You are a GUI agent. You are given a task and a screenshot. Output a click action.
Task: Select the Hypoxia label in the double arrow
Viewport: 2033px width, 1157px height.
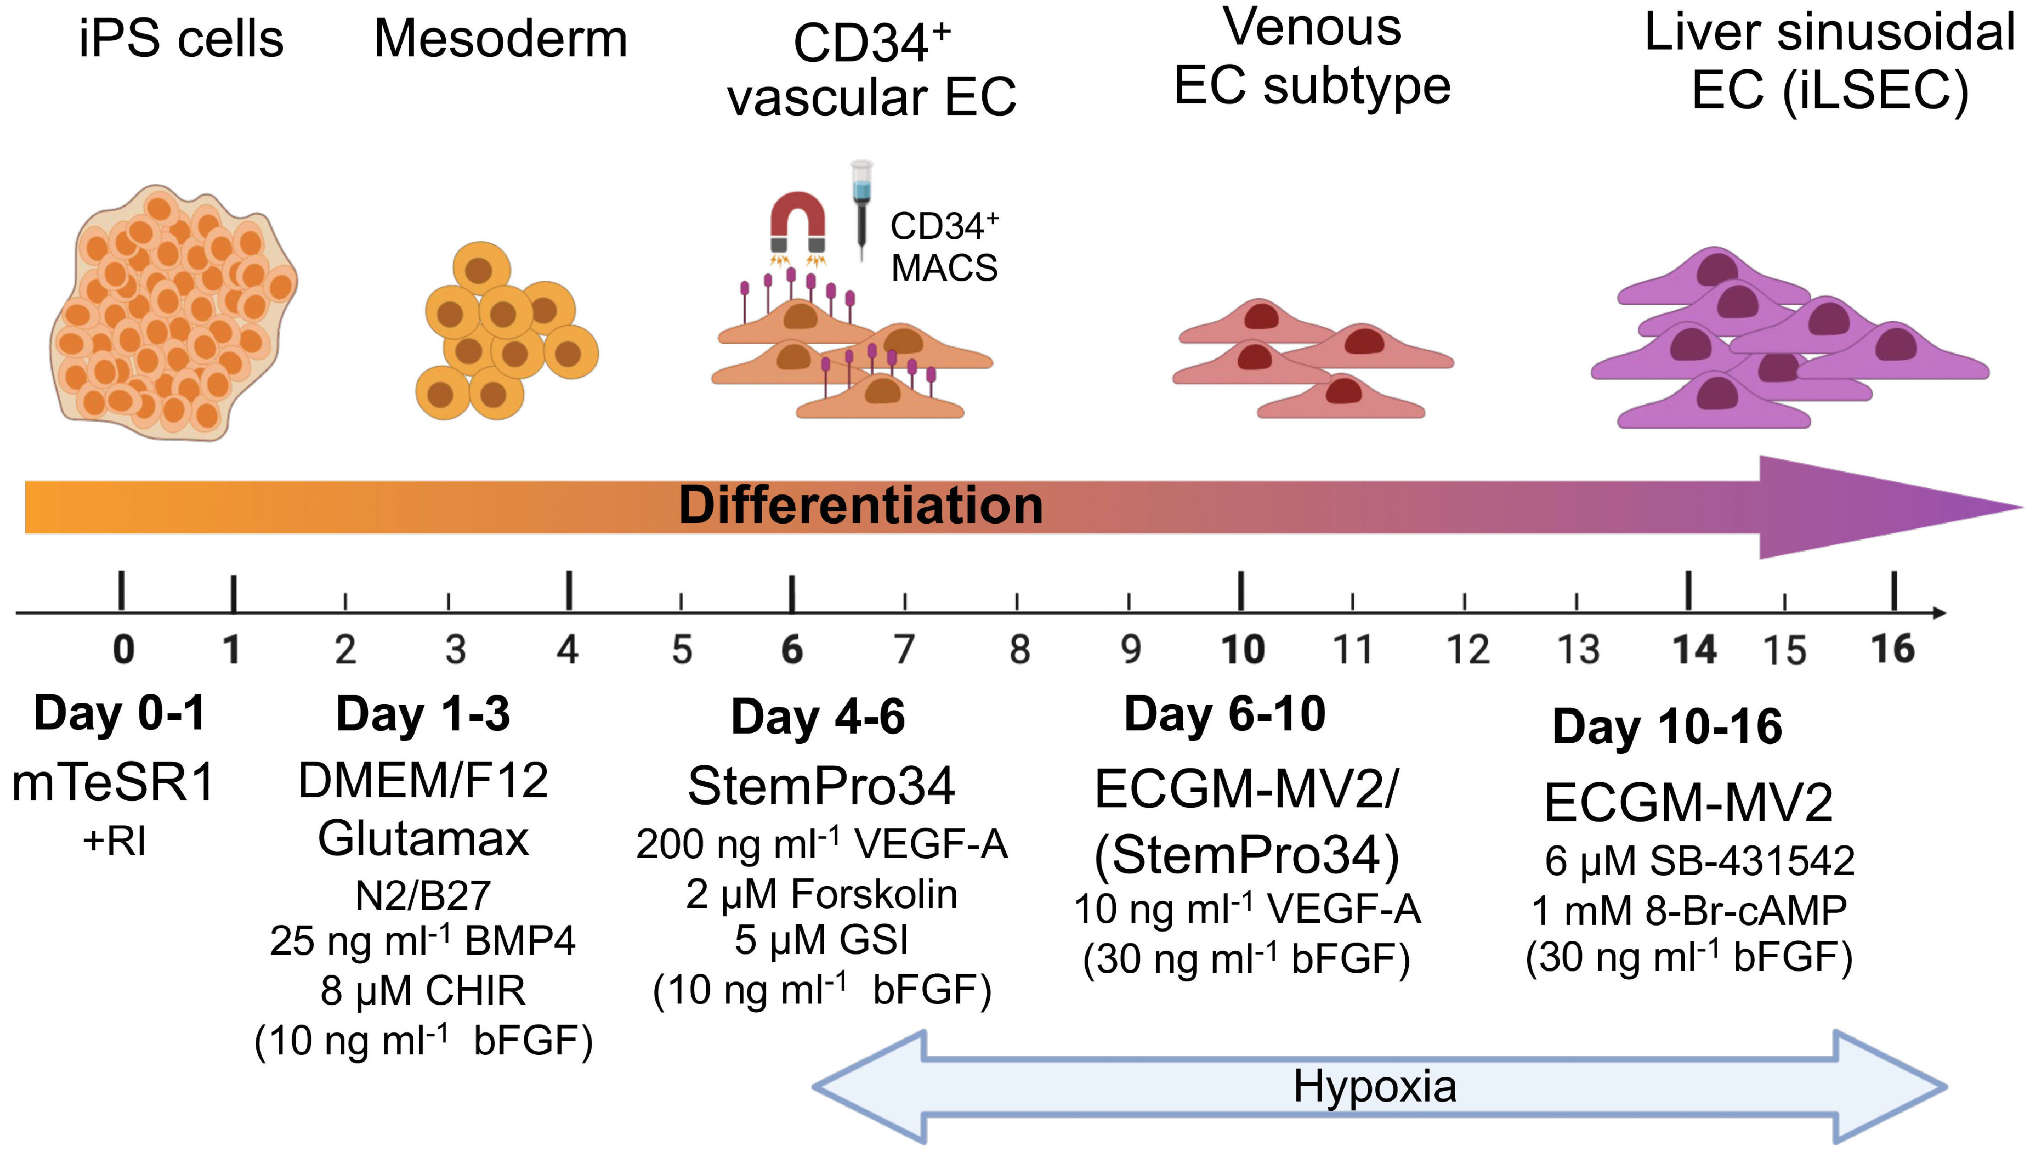pos(1375,1086)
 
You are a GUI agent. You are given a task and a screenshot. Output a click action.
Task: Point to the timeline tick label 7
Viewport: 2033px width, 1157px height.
pos(904,650)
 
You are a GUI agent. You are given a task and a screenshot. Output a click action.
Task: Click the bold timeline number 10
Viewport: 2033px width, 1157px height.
pos(1242,650)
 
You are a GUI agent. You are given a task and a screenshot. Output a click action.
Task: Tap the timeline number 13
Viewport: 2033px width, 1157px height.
pos(1578,650)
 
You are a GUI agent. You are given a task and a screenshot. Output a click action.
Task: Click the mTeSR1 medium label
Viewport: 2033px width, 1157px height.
pos(114,783)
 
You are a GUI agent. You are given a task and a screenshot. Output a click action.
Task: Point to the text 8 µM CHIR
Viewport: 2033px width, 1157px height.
pos(423,991)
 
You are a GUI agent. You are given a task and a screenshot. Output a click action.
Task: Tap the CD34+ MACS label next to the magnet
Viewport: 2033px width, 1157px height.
pos(944,247)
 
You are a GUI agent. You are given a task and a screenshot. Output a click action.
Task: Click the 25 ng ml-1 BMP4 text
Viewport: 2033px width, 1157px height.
pos(422,942)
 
